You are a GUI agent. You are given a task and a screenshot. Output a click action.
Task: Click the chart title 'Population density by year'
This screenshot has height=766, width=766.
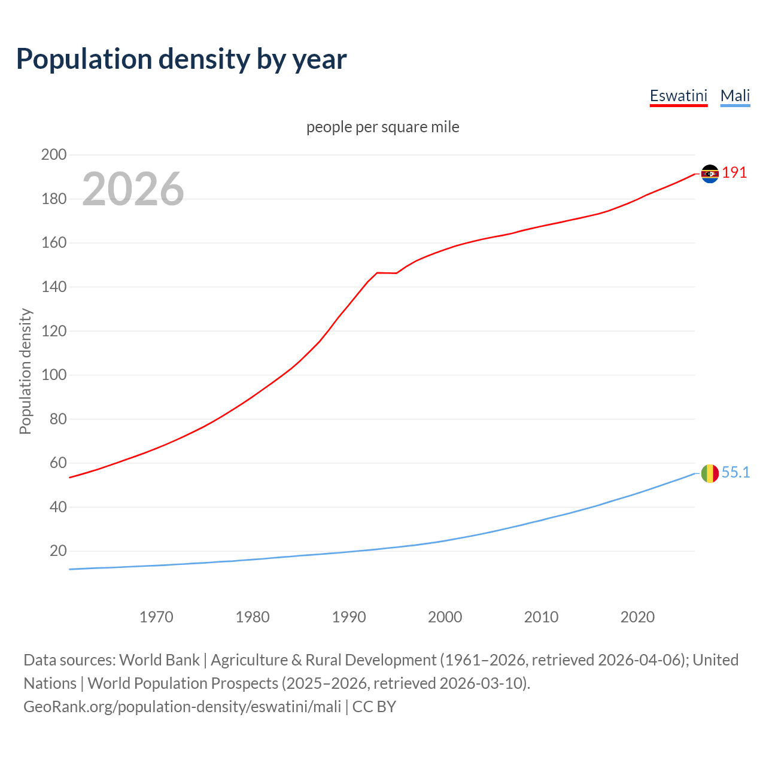tap(181, 59)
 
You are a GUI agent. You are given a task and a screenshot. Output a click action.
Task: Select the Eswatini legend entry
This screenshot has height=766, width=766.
tap(679, 96)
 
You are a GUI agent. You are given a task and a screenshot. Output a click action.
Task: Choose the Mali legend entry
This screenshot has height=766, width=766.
tap(735, 96)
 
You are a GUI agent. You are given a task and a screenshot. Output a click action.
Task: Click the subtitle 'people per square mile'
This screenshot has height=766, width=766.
tap(382, 127)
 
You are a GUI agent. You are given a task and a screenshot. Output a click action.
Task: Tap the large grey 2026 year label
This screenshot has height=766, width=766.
tap(133, 189)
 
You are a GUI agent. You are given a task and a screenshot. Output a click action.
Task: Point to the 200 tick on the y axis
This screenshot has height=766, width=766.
tap(54, 155)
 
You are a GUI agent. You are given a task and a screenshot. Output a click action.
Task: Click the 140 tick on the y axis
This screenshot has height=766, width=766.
tap(54, 287)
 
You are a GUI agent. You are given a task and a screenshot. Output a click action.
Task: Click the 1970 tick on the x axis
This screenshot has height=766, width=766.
tap(156, 617)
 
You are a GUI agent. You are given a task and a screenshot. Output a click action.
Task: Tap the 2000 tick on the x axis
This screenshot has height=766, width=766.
tap(445, 617)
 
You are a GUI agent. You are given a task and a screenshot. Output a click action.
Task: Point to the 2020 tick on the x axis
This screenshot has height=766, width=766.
tap(637, 617)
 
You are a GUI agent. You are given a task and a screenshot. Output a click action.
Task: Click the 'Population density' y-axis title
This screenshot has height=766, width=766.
tap(25, 371)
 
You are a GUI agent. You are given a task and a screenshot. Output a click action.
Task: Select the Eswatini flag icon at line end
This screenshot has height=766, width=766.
tap(710, 174)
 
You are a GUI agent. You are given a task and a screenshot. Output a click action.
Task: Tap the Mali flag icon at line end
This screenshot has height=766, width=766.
tap(710, 473)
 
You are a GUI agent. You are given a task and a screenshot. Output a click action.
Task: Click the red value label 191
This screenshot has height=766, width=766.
tap(734, 173)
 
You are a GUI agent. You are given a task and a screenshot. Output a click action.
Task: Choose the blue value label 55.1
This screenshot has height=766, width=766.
tap(735, 473)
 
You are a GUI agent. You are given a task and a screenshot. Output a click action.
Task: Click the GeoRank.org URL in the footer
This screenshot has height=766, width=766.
tap(182, 707)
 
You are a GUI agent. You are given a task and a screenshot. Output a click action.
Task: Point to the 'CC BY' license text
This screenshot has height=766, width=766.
tap(374, 707)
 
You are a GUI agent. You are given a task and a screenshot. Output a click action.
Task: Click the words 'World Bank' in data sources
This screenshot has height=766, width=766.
tap(159, 660)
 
